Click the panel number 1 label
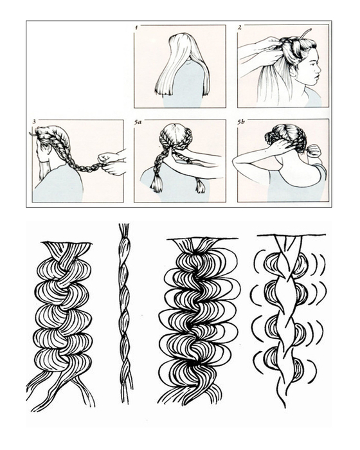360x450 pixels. click(x=136, y=27)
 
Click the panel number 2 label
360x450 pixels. click(x=239, y=27)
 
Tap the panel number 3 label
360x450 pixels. click(x=34, y=122)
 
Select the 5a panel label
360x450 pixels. click(x=138, y=122)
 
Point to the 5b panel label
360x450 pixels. click(x=241, y=122)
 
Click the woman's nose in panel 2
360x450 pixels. click(x=318, y=69)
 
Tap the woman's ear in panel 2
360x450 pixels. click(x=292, y=72)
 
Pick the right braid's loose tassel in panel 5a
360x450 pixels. click(x=200, y=186)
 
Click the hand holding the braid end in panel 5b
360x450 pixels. click(x=314, y=151)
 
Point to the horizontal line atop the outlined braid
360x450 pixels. click(x=291, y=235)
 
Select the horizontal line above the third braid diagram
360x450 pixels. click(x=203, y=239)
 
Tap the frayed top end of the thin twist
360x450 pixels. click(x=123, y=230)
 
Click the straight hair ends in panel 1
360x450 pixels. click(x=181, y=91)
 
